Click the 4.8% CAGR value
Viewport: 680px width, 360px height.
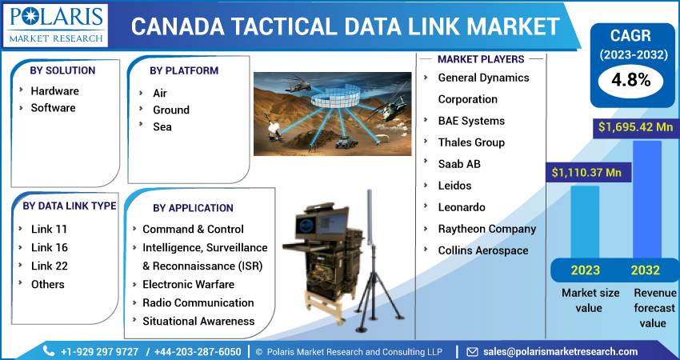(x=631, y=79)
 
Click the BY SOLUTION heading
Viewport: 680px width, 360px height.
(x=62, y=70)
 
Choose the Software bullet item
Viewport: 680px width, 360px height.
(x=53, y=108)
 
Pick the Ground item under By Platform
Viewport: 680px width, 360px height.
(x=170, y=110)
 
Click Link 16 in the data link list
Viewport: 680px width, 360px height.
(x=49, y=247)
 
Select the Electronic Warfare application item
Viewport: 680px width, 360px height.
(x=188, y=284)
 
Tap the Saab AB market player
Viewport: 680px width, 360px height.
(x=458, y=164)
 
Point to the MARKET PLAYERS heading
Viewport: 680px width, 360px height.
(x=481, y=59)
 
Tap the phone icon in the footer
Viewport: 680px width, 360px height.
(x=48, y=351)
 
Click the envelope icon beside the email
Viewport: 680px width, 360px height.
(x=472, y=351)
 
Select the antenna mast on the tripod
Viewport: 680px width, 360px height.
(x=370, y=240)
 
